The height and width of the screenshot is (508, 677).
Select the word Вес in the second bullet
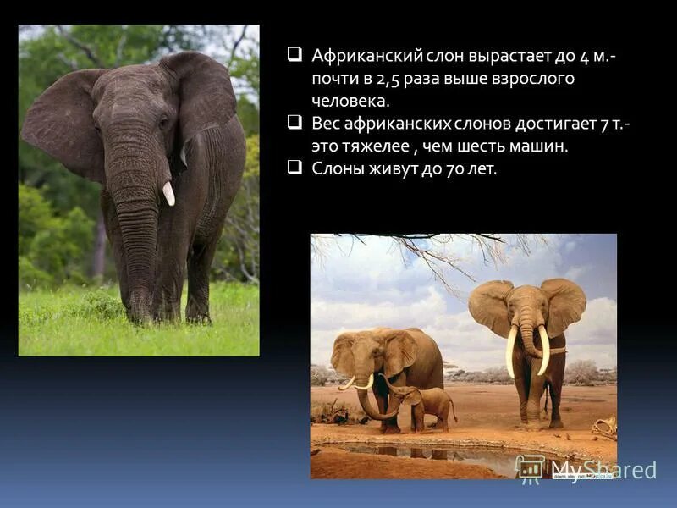(x=326, y=124)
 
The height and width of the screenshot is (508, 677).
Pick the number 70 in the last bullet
(x=458, y=168)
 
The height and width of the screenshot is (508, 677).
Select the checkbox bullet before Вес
(x=294, y=123)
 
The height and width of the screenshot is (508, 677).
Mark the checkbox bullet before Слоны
(x=294, y=168)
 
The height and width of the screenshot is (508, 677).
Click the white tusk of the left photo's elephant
(x=168, y=194)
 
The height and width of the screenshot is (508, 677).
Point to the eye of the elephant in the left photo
(x=163, y=122)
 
